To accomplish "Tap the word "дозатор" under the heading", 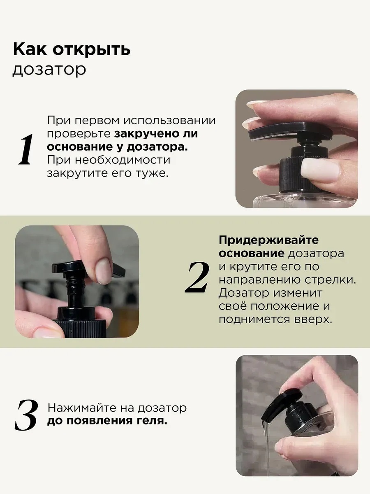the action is point(49,70).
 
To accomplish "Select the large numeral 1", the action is point(25,149).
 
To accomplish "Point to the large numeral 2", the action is point(197,277).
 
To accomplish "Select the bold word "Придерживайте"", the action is point(268,240).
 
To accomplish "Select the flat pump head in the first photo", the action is point(280,133).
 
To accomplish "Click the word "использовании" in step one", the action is point(170,121).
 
